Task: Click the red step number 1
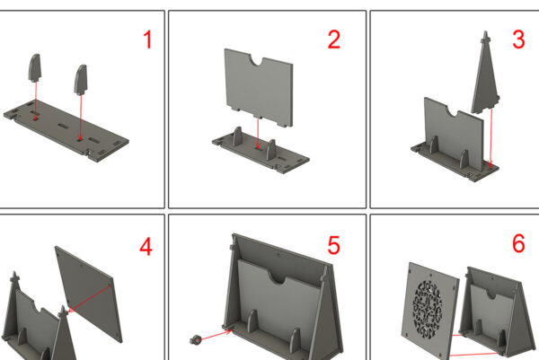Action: (148, 40)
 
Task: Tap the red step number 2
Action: (334, 40)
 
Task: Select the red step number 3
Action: (518, 40)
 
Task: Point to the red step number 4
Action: (146, 246)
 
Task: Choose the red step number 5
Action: (334, 245)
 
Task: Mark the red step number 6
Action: (518, 243)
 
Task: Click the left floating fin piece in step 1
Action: (34, 68)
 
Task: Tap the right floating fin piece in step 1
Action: (81, 80)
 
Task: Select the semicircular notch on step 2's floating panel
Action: (257, 61)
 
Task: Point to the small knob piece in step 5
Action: (195, 339)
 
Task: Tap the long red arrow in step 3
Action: (490, 138)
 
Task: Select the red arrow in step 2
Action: (258, 133)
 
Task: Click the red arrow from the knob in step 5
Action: (216, 335)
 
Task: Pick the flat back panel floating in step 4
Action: (89, 294)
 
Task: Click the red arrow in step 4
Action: (89, 299)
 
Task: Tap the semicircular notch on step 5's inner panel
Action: (278, 277)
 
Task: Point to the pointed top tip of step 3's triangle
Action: (486, 31)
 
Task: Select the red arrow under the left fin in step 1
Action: (36, 101)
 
